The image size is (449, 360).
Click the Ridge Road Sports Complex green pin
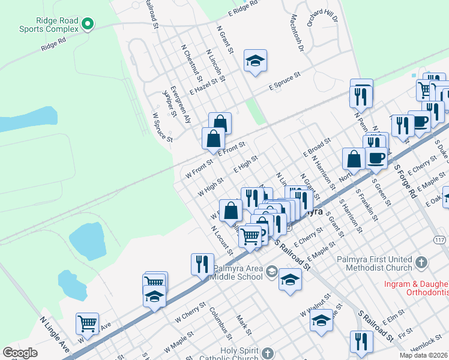pyautogui.click(x=88, y=24)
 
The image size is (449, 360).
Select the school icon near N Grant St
pyautogui.click(x=255, y=61)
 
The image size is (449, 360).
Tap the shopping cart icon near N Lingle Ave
pyautogui.click(x=88, y=323)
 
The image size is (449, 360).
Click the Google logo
pyautogui.click(x=20, y=353)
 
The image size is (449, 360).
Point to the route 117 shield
pyautogui.click(x=439, y=239)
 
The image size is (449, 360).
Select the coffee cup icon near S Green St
pyautogui.click(x=376, y=158)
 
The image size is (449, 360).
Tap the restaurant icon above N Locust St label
pyautogui.click(x=202, y=264)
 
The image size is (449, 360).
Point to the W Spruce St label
pyautogui.click(x=162, y=127)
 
